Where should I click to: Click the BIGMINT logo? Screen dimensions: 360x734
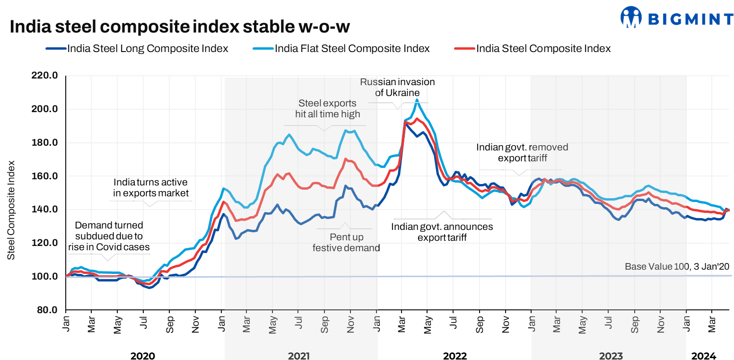676,18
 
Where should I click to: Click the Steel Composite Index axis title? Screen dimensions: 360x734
11,210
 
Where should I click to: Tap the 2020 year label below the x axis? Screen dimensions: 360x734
142,356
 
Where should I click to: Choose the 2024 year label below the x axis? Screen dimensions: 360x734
704,356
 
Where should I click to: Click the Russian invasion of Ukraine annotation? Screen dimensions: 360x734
397,88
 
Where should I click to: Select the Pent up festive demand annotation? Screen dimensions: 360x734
346,243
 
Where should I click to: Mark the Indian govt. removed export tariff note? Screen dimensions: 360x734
522,152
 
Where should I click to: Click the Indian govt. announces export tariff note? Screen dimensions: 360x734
442,232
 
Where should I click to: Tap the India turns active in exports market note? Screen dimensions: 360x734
151,187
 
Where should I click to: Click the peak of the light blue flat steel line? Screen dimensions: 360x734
417,99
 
